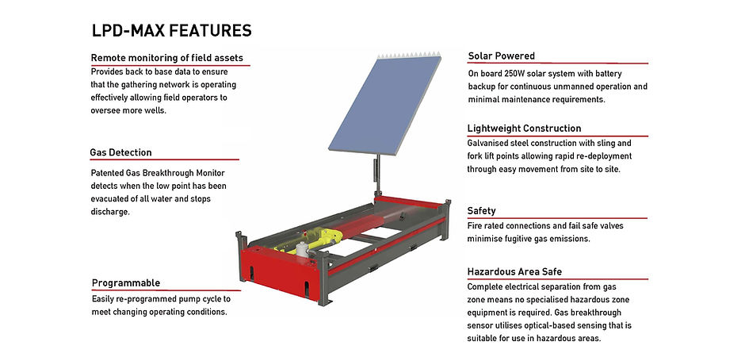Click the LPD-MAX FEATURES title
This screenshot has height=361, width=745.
pyautogui.click(x=171, y=31)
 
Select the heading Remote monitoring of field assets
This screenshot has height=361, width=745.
pyautogui.click(x=166, y=58)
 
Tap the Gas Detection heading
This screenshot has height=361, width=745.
pyautogui.click(x=120, y=152)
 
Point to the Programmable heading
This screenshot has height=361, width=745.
pyautogui.click(x=126, y=283)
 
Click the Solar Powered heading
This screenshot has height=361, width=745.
pyautogui.click(x=501, y=56)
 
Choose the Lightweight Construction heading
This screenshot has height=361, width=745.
pyautogui.click(x=524, y=129)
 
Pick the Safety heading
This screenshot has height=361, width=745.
pyautogui.click(x=481, y=211)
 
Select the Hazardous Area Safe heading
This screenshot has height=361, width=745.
pyautogui.click(x=514, y=272)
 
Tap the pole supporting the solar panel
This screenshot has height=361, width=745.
pyautogui.click(x=376, y=175)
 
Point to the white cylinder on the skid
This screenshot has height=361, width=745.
pyautogui.click(x=302, y=250)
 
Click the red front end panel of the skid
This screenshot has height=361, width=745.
pyautogui.click(x=279, y=273)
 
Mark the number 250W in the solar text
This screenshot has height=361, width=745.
pyautogui.click(x=517, y=75)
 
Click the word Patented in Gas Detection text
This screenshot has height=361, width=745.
pyautogui.click(x=106, y=173)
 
